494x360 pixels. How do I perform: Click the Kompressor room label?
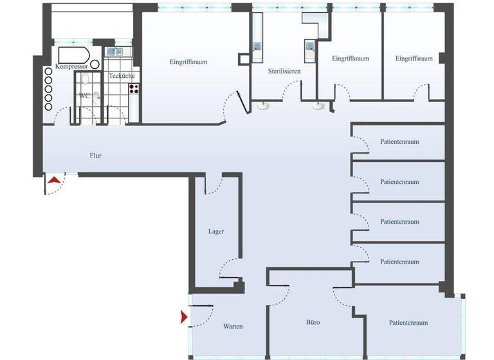[x=71, y=66]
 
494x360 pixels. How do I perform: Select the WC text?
[x=84, y=95]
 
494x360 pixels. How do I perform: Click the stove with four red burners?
[x=134, y=89]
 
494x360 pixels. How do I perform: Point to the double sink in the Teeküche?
[x=116, y=51]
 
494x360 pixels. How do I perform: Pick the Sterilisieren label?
[x=284, y=71]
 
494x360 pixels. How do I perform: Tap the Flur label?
[x=96, y=155]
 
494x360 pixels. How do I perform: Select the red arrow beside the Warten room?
[x=185, y=317]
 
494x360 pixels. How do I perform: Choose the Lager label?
[x=216, y=231]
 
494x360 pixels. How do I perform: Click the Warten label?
[x=233, y=327]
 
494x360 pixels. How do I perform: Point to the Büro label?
[x=313, y=322]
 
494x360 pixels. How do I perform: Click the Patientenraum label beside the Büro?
[x=408, y=323]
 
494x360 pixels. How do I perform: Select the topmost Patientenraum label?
[x=399, y=141]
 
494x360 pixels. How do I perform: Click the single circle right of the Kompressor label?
[x=95, y=64]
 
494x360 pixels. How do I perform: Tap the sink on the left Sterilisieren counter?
[x=257, y=46]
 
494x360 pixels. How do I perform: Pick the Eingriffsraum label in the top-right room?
[x=414, y=59]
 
